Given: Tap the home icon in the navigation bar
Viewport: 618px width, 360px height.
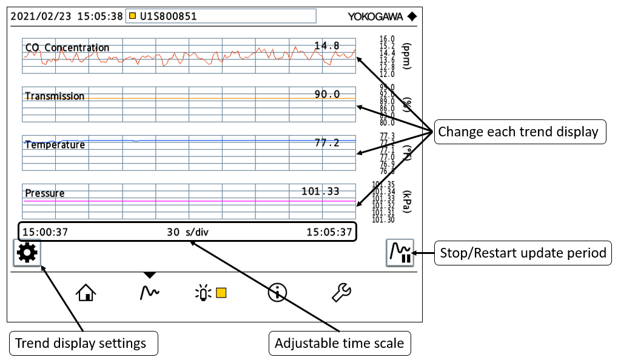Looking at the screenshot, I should [86, 293].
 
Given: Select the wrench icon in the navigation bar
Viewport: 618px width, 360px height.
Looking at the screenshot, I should [341, 293].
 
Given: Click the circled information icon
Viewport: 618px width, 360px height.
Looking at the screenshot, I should [277, 293].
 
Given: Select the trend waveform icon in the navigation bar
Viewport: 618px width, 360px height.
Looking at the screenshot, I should [149, 293].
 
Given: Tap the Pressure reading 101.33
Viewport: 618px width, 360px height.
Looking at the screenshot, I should [321, 192].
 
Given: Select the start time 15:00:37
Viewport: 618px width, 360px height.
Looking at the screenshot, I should [45, 232].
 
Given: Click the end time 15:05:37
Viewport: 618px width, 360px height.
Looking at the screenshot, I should [329, 232].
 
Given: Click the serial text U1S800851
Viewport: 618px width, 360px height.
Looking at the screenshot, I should [168, 16].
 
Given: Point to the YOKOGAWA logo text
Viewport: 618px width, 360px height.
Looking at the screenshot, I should [376, 16].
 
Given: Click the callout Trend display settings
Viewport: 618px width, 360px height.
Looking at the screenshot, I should [81, 344].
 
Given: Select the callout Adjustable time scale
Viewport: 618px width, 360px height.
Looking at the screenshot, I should [339, 344].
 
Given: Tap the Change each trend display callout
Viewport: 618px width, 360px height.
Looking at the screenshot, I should [518, 132].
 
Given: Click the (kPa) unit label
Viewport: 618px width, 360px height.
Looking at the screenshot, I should [407, 201].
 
